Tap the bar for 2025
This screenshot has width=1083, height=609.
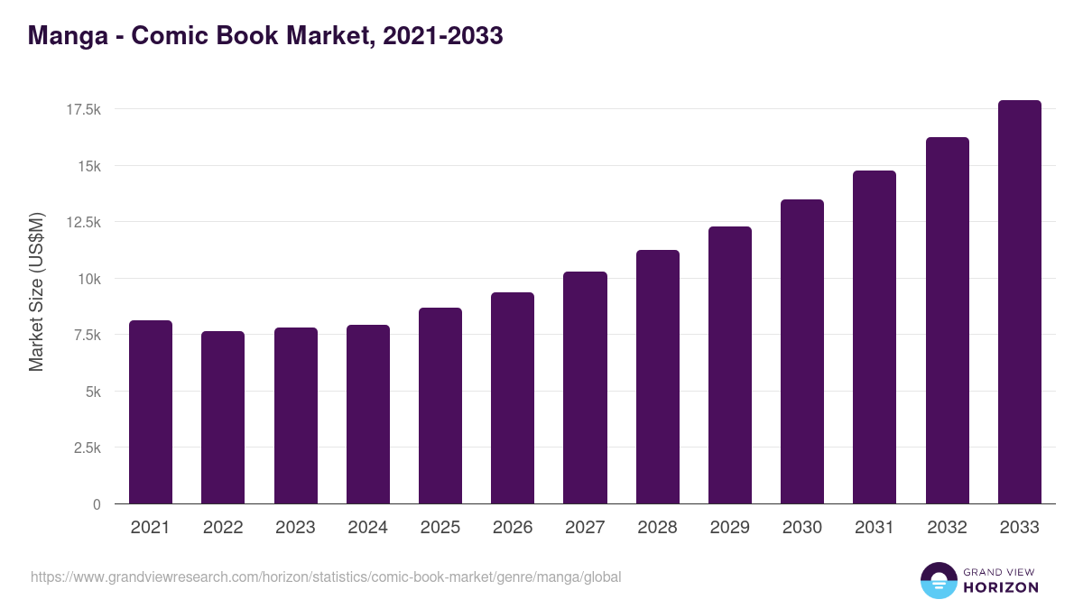click(x=440, y=406)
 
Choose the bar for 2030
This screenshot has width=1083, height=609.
click(x=802, y=352)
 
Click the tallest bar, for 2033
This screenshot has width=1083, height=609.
click(x=1019, y=302)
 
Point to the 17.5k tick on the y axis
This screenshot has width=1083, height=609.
click(x=82, y=109)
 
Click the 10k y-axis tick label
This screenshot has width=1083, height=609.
click(x=88, y=279)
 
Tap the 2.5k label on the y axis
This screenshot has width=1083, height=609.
click(x=86, y=448)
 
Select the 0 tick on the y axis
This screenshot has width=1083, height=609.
click(x=96, y=504)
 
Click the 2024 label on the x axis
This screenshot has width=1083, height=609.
click(x=368, y=528)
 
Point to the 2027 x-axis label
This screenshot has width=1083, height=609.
click(x=585, y=528)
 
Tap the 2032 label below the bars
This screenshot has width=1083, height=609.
click(x=947, y=528)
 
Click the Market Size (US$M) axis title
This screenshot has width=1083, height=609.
click(x=36, y=291)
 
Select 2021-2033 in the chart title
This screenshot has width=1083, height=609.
click(x=442, y=36)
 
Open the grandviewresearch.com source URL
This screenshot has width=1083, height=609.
click(x=326, y=577)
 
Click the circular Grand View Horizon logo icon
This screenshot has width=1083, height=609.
click(x=938, y=580)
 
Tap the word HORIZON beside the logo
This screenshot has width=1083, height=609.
click(x=1001, y=587)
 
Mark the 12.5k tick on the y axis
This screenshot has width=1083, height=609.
click(x=82, y=222)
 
